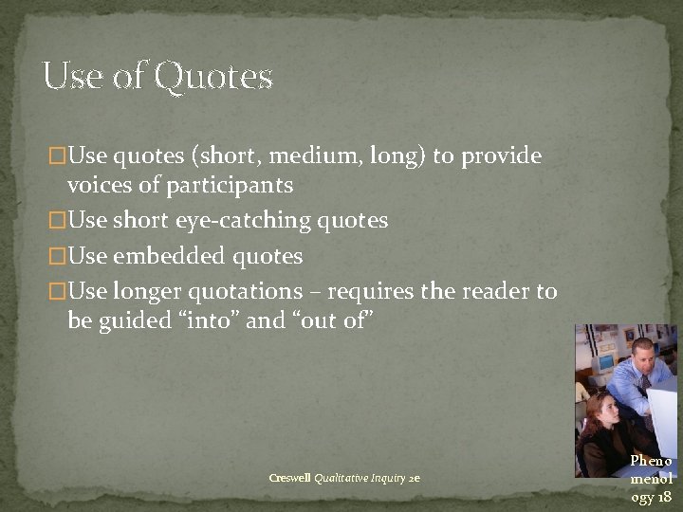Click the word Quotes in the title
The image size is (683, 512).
tap(213, 77)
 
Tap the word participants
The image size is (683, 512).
tap(229, 185)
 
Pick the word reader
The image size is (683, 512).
tap(503, 291)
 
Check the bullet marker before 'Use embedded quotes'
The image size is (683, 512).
tap(58, 256)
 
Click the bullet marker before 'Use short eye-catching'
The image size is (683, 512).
tap(58, 221)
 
